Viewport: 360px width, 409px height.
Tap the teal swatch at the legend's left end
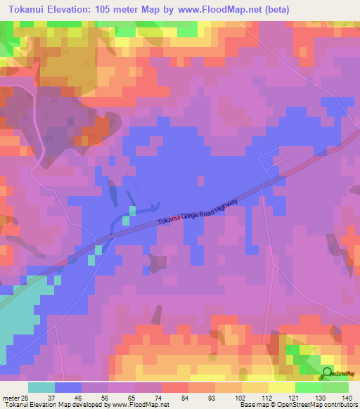pos(41,387)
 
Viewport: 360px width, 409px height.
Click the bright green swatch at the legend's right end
pos(335,387)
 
